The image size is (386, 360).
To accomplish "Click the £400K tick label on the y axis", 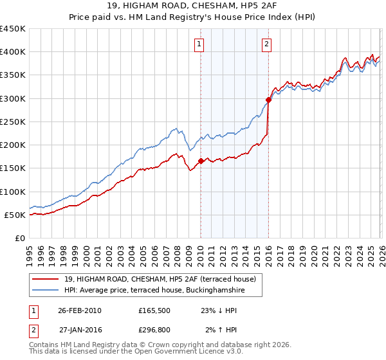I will pyautogui.click(x=12, y=52).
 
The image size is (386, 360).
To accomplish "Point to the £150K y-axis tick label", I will pyautogui.click(x=12, y=168).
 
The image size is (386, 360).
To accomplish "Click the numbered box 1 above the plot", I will pyautogui.click(x=199, y=44).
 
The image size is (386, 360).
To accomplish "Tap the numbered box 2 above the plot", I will pyautogui.click(x=266, y=44).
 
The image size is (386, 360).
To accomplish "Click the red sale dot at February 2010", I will pyautogui.click(x=201, y=161).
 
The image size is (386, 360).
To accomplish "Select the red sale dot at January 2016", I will pyautogui.click(x=268, y=100).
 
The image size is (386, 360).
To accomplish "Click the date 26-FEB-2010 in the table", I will pyautogui.click(x=79, y=310).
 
